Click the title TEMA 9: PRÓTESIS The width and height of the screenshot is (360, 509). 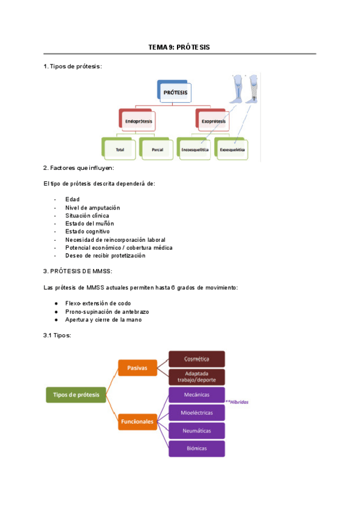click(x=179, y=47)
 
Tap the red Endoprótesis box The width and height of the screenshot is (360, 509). click(x=137, y=121)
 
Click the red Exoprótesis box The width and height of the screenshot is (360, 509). click(x=214, y=121)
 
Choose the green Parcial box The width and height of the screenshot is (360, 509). click(x=157, y=148)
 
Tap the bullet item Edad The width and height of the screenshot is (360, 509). click(x=73, y=199)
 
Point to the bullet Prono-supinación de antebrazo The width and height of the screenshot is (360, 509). click(x=107, y=312)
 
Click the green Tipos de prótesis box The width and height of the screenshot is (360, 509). click(x=76, y=394)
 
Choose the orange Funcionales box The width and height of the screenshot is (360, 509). click(x=137, y=421)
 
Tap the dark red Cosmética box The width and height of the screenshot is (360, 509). click(x=196, y=359)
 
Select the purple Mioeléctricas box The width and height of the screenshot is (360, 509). click(x=196, y=412)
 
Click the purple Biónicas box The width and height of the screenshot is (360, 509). click(x=196, y=448)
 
